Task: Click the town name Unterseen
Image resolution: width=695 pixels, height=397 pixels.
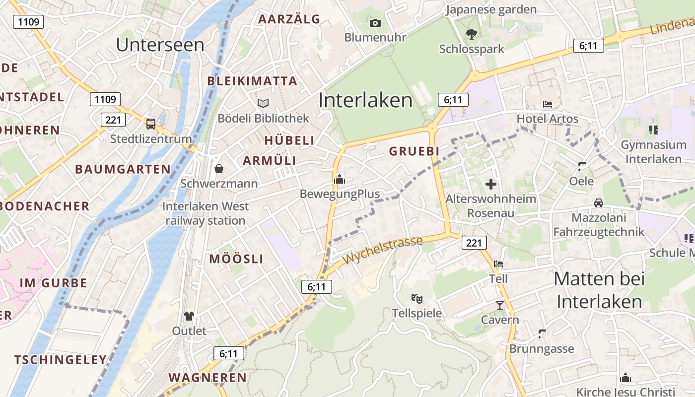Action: coord(160,45)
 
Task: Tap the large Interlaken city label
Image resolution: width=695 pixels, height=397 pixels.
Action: coord(365,100)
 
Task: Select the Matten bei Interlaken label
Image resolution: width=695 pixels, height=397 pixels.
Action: coord(599,290)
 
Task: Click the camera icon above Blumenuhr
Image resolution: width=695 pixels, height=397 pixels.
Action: coord(375,23)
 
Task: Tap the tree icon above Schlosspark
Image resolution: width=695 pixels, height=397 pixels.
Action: coord(471,34)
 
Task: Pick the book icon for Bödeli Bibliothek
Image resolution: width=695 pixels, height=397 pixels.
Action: coord(263,103)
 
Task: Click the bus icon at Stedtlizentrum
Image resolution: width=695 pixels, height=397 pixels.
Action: coord(150,124)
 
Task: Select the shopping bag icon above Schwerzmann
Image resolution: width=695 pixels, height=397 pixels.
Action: coord(218,169)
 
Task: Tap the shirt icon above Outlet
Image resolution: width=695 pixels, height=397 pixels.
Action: coord(189,316)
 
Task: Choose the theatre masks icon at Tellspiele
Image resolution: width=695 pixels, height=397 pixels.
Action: coord(417,299)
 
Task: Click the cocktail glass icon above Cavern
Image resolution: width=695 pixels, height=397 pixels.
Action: coord(500,305)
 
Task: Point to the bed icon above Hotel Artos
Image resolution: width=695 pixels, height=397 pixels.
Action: coord(548,104)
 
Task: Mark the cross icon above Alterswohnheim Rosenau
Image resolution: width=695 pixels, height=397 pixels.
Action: coord(491,185)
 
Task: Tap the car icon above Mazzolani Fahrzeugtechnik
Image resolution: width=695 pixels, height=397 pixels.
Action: coord(599,203)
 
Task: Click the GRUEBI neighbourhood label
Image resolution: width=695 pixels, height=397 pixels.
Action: coord(415,151)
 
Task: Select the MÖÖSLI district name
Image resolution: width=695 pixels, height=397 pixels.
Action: coord(236,259)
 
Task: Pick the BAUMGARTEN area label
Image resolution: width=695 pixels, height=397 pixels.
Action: coord(123,169)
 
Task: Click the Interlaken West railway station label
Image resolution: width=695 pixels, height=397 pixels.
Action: coord(206,213)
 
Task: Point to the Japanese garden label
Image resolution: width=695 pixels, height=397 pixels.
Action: coord(491,9)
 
